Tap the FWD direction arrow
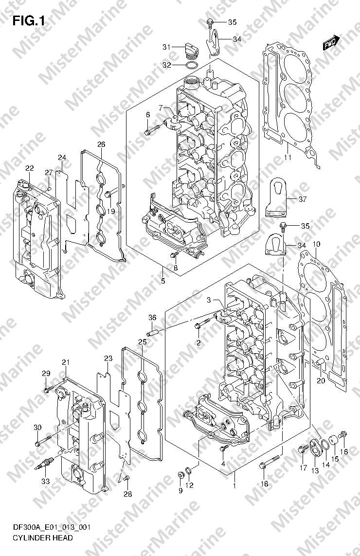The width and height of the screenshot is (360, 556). coord(332,42)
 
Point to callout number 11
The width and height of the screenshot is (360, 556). coord(288,157)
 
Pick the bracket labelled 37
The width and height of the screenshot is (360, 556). coord(277,196)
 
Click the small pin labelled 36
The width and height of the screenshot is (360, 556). coord(152,333)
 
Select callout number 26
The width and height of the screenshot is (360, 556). coord(101,144)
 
